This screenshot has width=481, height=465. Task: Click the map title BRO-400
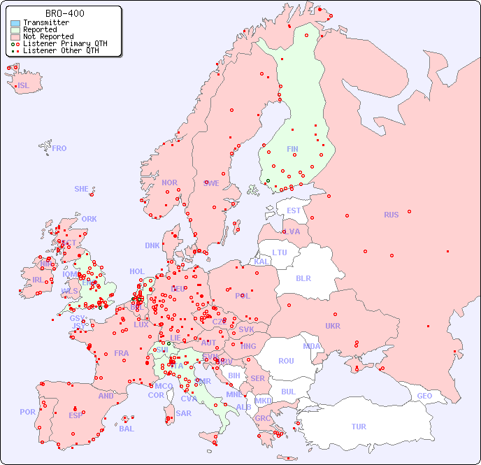(x=65, y=13)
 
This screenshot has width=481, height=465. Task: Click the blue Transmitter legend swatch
(x=15, y=23)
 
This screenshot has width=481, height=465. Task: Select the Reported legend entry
(x=39, y=30)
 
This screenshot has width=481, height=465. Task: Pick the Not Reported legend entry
(x=48, y=37)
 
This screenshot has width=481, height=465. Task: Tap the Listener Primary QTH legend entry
(x=65, y=44)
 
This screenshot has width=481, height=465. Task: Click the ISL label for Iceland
(x=24, y=86)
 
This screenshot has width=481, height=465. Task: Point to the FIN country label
(x=292, y=149)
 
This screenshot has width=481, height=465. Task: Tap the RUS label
(x=391, y=215)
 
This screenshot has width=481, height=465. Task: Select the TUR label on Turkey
(x=359, y=427)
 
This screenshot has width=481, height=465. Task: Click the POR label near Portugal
(x=27, y=412)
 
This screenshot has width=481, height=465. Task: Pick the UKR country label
(x=333, y=326)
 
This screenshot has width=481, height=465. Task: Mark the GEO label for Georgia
(x=424, y=396)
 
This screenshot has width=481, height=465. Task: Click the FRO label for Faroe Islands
(x=59, y=148)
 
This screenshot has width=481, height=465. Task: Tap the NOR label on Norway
(x=169, y=183)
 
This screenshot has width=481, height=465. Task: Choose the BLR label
(x=303, y=278)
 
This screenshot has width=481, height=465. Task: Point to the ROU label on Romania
(x=286, y=361)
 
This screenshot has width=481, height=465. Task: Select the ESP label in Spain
(x=76, y=415)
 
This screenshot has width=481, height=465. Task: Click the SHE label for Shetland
(x=82, y=189)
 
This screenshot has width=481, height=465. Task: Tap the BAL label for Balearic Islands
(x=127, y=429)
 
